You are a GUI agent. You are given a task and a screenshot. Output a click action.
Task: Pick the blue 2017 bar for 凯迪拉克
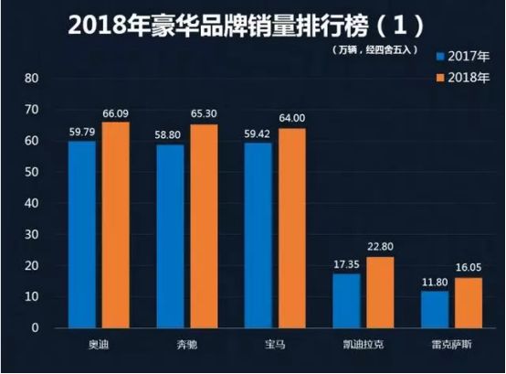(347, 300)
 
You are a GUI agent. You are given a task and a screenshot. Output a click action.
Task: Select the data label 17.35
(347, 264)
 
